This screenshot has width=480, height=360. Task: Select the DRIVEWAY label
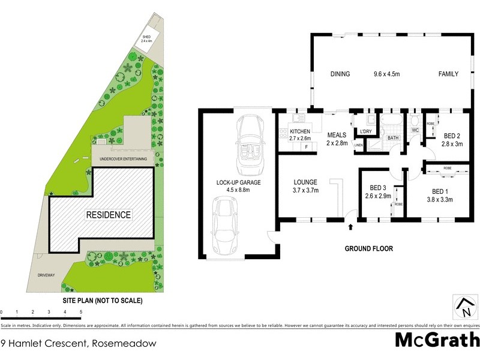click(x=46, y=275)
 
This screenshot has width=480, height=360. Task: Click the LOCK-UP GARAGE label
click(x=236, y=186)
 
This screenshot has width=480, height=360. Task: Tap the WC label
click(x=415, y=130)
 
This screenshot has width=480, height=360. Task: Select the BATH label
click(x=392, y=138)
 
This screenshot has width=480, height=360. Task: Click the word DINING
click(x=340, y=74)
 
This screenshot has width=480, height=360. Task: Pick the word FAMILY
click(x=448, y=74)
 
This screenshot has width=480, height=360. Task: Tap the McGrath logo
click(x=437, y=339)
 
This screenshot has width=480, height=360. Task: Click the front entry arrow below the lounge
click(x=352, y=227)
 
